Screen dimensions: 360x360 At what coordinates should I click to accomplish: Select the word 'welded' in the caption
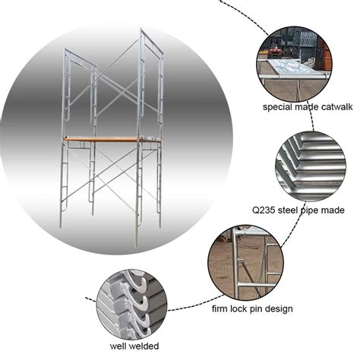click(134, 346)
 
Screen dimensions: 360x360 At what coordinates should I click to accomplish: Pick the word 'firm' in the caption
click(223, 309)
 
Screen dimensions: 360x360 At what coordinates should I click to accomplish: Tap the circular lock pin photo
click(245, 262)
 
